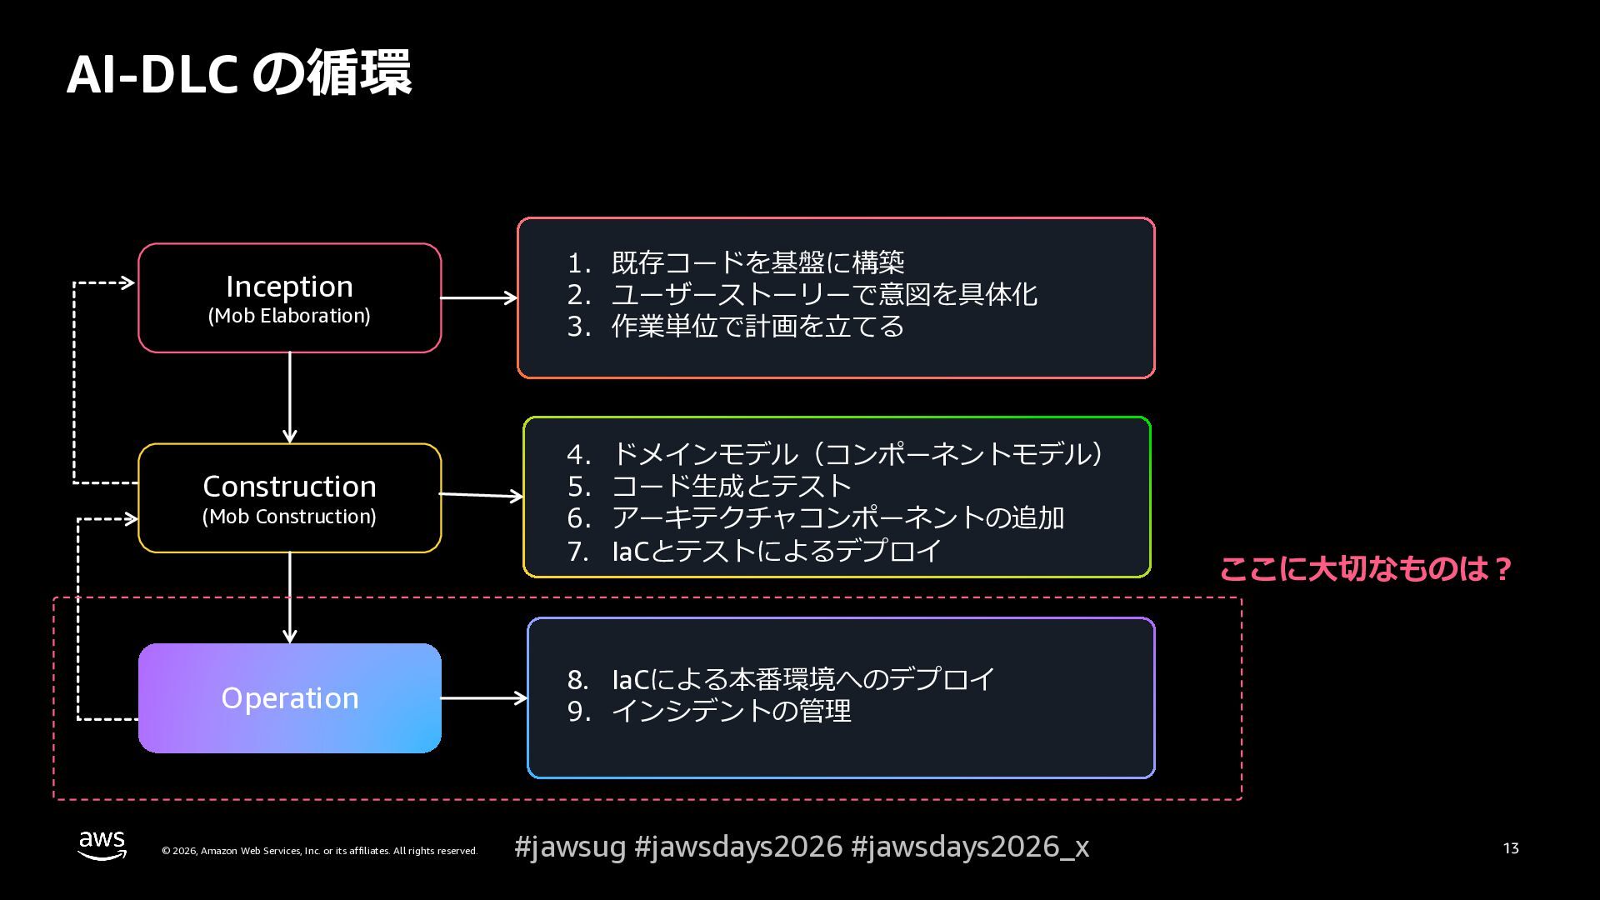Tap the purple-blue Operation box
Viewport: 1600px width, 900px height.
[289, 698]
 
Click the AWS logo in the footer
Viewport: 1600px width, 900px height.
[102, 845]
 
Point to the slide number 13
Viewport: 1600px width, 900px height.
[1511, 848]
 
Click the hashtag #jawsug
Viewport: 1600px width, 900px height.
[570, 847]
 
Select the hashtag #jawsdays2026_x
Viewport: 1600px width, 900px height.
[969, 847]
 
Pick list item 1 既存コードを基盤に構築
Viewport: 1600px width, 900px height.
[757, 262]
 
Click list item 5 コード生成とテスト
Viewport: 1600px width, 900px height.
[731, 486]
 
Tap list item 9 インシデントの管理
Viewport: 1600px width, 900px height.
[731, 711]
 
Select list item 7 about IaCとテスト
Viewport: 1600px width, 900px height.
[776, 551]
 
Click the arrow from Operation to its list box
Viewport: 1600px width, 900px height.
[483, 697]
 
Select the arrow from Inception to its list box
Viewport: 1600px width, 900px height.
[478, 297]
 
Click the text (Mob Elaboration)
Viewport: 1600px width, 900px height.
[289, 317]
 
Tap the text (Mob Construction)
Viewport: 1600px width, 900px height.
[289, 517]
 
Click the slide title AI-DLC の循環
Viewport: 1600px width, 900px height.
[238, 73]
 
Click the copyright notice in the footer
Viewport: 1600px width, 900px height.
[319, 851]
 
